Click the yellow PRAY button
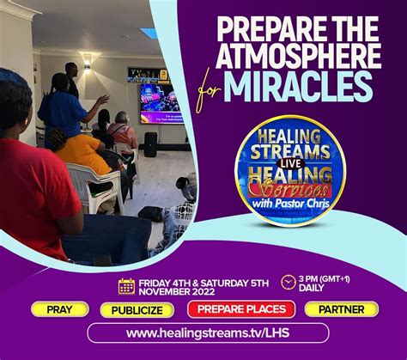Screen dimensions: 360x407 tap(59, 309)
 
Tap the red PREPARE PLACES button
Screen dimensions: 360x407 tap(236, 309)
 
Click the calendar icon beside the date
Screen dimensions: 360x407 tap(126, 286)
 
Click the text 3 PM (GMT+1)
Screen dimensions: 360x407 tap(340, 281)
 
